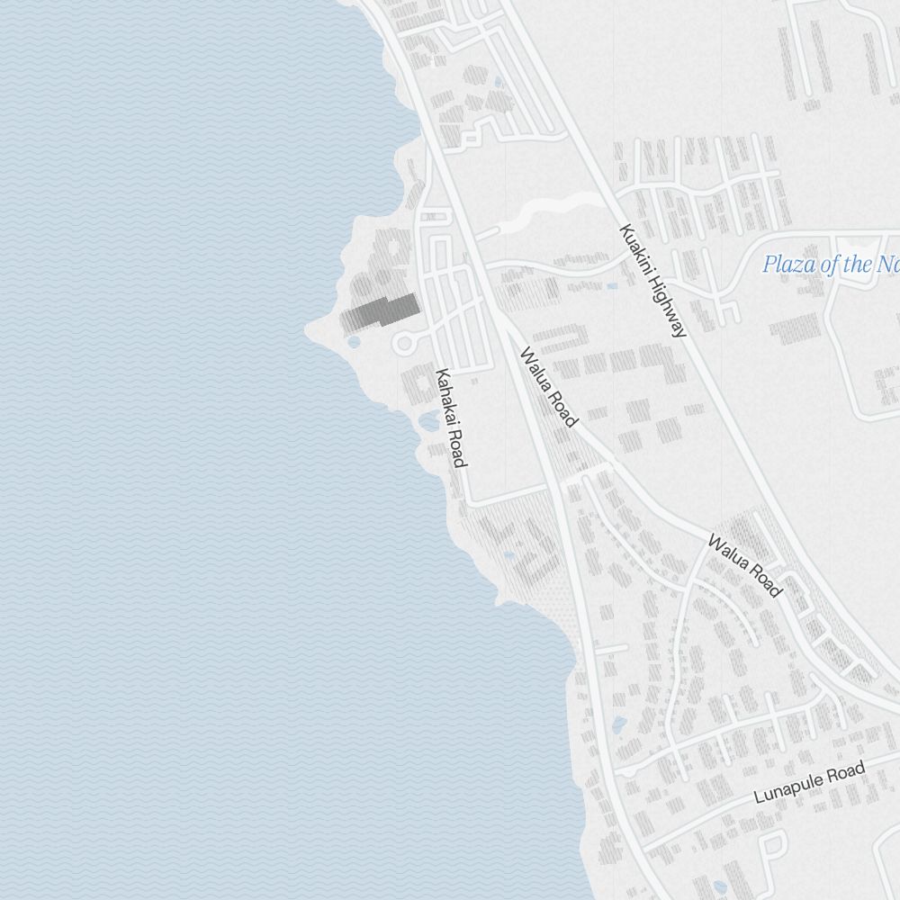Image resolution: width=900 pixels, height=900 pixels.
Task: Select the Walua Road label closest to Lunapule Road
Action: coord(743,565)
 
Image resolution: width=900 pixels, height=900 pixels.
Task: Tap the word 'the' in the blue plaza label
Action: coord(859,265)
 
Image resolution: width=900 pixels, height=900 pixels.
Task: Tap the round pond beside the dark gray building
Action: coord(354,342)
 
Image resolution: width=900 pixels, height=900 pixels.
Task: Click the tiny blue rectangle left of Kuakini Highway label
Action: coord(612,286)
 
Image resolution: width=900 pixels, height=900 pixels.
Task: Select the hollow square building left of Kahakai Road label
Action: coord(416,387)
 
